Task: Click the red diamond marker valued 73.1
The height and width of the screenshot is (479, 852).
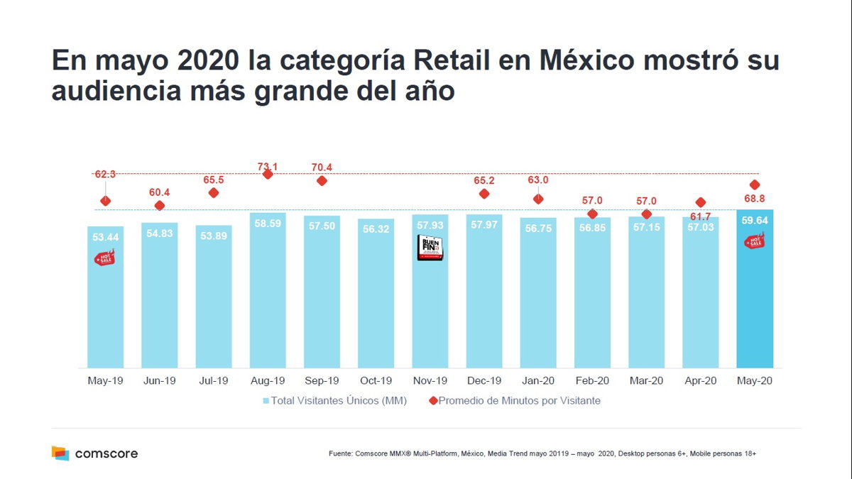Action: tap(268, 174)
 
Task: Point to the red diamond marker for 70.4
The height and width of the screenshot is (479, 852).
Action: tap(322, 181)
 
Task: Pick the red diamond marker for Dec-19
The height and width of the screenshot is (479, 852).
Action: tap(484, 194)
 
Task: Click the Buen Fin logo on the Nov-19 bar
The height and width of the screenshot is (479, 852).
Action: tap(430, 248)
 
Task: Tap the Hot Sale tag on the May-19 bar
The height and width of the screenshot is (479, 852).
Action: tap(104, 258)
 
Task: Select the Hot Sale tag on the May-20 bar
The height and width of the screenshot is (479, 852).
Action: tap(754, 241)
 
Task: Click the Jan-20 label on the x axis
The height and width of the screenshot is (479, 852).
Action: tap(538, 381)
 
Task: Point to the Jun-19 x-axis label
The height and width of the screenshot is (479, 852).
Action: tap(159, 381)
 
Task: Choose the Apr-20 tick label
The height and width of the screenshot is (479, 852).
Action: tap(700, 381)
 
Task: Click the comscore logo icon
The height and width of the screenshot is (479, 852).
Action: tap(60, 453)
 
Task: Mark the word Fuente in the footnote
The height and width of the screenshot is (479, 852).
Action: tap(340, 453)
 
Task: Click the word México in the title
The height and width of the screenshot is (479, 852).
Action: tap(588, 60)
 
